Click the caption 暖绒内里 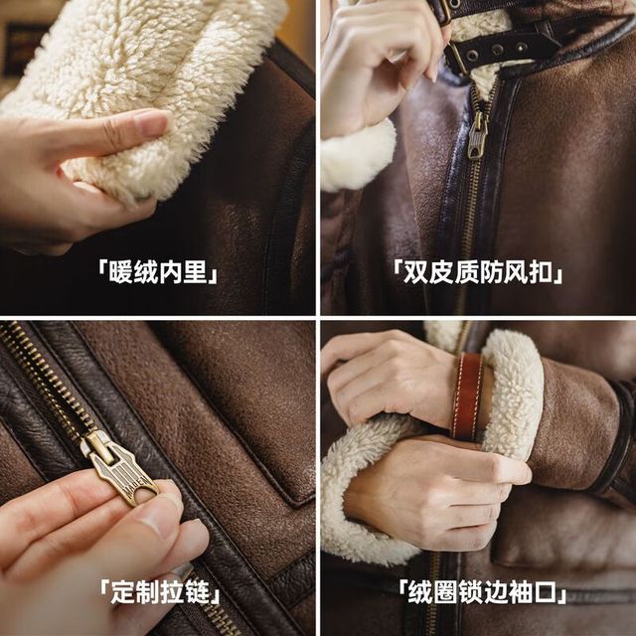158,271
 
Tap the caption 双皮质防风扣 478,271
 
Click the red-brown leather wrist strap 467,397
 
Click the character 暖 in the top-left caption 121,271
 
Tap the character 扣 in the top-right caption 541,271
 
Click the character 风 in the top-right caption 515,271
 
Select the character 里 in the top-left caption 196,271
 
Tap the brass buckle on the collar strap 456,57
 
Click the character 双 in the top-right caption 415,271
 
